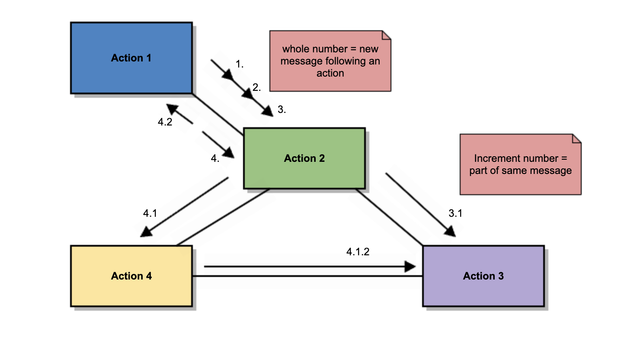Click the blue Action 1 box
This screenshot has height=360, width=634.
click(x=131, y=58)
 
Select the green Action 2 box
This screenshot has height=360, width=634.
click(x=304, y=158)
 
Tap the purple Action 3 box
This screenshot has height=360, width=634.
click(x=483, y=276)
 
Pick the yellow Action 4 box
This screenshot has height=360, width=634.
click(x=131, y=276)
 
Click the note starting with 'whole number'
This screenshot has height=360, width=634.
click(x=330, y=61)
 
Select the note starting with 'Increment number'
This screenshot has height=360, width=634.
click(x=520, y=164)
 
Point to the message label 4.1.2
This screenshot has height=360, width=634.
click(x=358, y=252)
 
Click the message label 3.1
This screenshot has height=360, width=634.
click(x=455, y=213)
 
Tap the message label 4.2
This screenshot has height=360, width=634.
click(x=165, y=122)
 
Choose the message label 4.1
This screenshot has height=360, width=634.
click(x=150, y=213)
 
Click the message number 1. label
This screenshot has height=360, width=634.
click(x=240, y=64)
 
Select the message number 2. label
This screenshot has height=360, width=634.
click(x=256, y=87)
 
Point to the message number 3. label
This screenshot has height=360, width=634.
click(x=282, y=109)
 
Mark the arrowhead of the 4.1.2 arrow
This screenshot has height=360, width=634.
click(x=410, y=267)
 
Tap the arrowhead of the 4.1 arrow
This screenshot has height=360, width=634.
click(x=146, y=232)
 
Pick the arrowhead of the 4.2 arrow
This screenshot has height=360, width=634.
click(x=172, y=109)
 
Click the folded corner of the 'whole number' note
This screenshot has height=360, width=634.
click(x=386, y=35)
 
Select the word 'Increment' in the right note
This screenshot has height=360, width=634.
click(x=494, y=158)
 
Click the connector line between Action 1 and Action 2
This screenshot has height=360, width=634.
click(x=218, y=114)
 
